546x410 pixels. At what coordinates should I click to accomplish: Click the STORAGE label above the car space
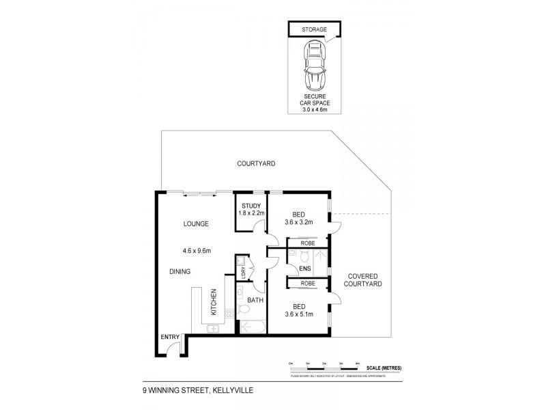point(314,29)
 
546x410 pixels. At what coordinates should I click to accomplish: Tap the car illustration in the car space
point(314,66)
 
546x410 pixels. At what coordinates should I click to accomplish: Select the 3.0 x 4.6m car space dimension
point(314,110)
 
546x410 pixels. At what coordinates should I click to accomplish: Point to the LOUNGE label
point(195,223)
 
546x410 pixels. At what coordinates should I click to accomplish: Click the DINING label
point(180,271)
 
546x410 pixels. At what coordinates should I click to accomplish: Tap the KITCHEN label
point(214,301)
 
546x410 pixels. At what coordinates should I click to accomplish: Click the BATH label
point(255,300)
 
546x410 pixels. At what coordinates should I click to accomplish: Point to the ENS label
point(305,268)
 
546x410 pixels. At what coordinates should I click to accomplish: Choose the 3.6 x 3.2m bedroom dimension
point(298,221)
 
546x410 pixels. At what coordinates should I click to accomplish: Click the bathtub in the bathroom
point(252,327)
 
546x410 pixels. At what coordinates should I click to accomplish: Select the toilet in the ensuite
point(305,256)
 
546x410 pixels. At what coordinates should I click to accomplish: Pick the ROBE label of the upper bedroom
point(307,242)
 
